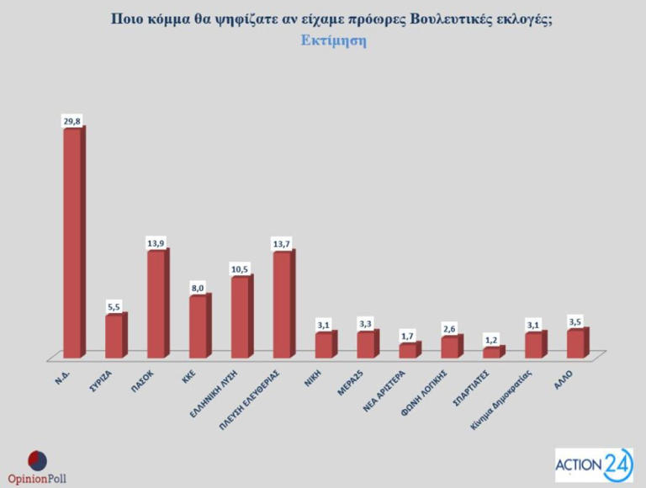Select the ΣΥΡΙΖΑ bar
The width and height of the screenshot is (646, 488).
(x=114, y=336)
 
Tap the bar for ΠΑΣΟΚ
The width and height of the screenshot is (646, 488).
(x=156, y=304)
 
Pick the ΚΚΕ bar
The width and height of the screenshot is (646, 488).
(x=199, y=326)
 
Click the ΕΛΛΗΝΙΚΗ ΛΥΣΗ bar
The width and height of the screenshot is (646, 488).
(x=241, y=316)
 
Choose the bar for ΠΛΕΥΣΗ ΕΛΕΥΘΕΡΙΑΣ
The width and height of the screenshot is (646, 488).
(x=283, y=304)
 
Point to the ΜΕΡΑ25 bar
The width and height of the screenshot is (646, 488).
(x=366, y=344)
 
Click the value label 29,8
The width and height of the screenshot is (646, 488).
(x=72, y=121)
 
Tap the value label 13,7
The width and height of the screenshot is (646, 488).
(x=282, y=244)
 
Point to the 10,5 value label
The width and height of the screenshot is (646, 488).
(x=241, y=268)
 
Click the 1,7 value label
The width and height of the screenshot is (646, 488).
(x=408, y=336)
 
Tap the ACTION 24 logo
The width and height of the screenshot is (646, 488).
(x=594, y=464)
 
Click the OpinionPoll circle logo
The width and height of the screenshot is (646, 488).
(x=36, y=460)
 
